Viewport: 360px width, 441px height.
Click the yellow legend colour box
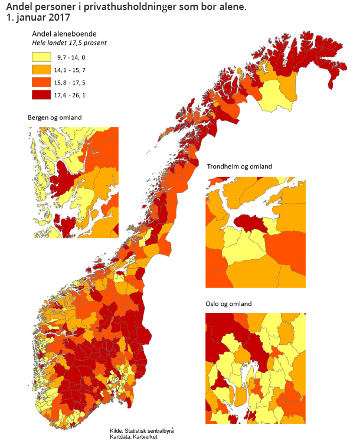click(x=40, y=57)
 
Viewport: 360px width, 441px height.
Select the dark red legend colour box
click(x=40, y=94)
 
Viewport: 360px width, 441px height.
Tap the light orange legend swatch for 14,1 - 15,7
click(x=40, y=70)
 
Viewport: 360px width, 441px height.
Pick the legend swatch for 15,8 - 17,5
click(x=40, y=81)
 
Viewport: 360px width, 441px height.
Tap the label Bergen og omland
click(x=54, y=117)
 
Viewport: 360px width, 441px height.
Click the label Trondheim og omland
click(x=239, y=166)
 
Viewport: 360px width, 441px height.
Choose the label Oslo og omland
click(x=228, y=303)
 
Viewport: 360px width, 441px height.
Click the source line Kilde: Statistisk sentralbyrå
click(x=142, y=430)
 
